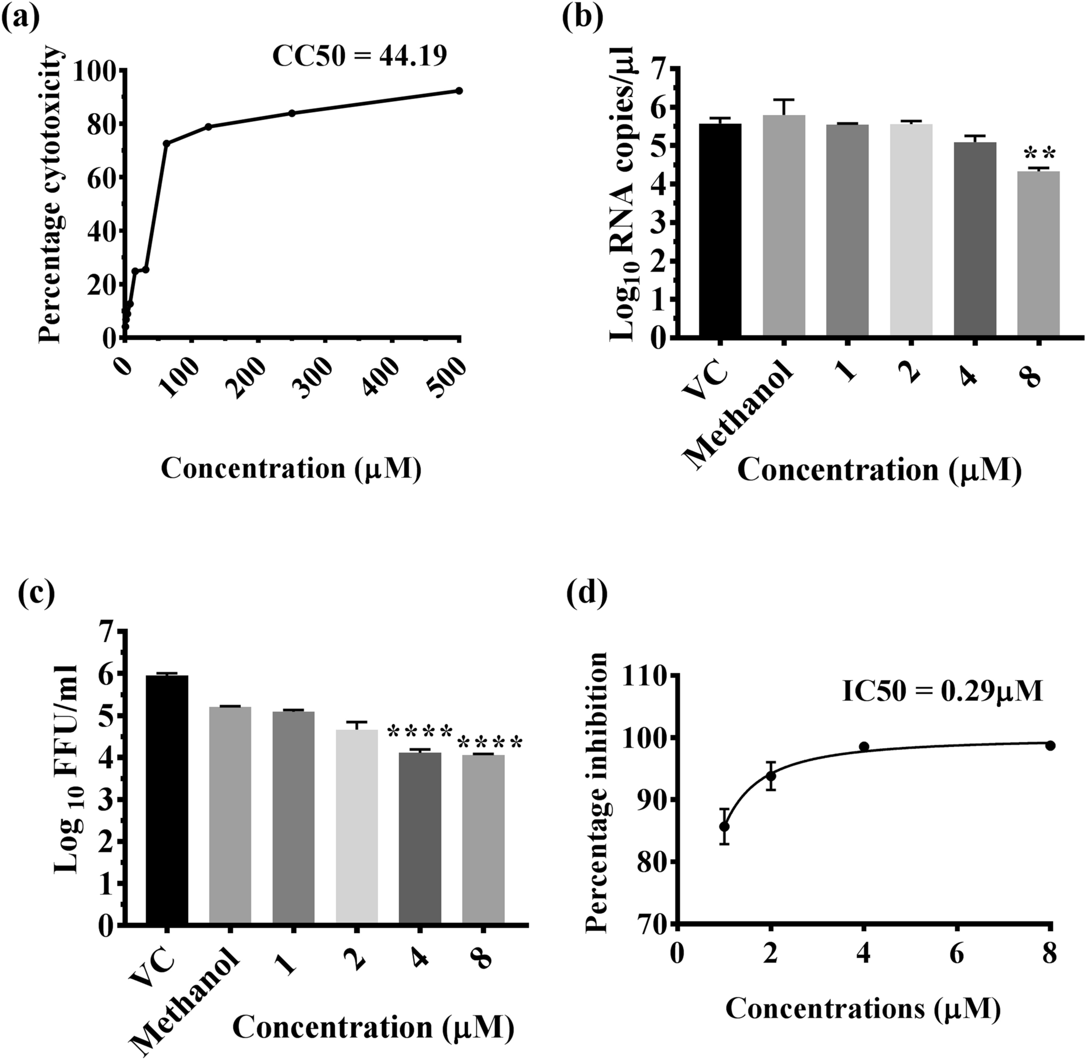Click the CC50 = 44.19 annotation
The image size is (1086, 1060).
click(x=360, y=56)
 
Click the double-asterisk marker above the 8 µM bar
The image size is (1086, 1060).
click(x=1039, y=153)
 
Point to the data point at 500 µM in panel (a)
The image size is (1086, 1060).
click(x=459, y=91)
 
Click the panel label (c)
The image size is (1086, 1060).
click(x=36, y=593)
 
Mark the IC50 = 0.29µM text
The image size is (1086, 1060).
click(x=942, y=692)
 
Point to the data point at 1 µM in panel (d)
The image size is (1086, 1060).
click(x=724, y=827)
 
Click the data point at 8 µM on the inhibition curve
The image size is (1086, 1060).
click(x=1050, y=746)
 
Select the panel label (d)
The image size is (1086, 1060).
click(x=586, y=593)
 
